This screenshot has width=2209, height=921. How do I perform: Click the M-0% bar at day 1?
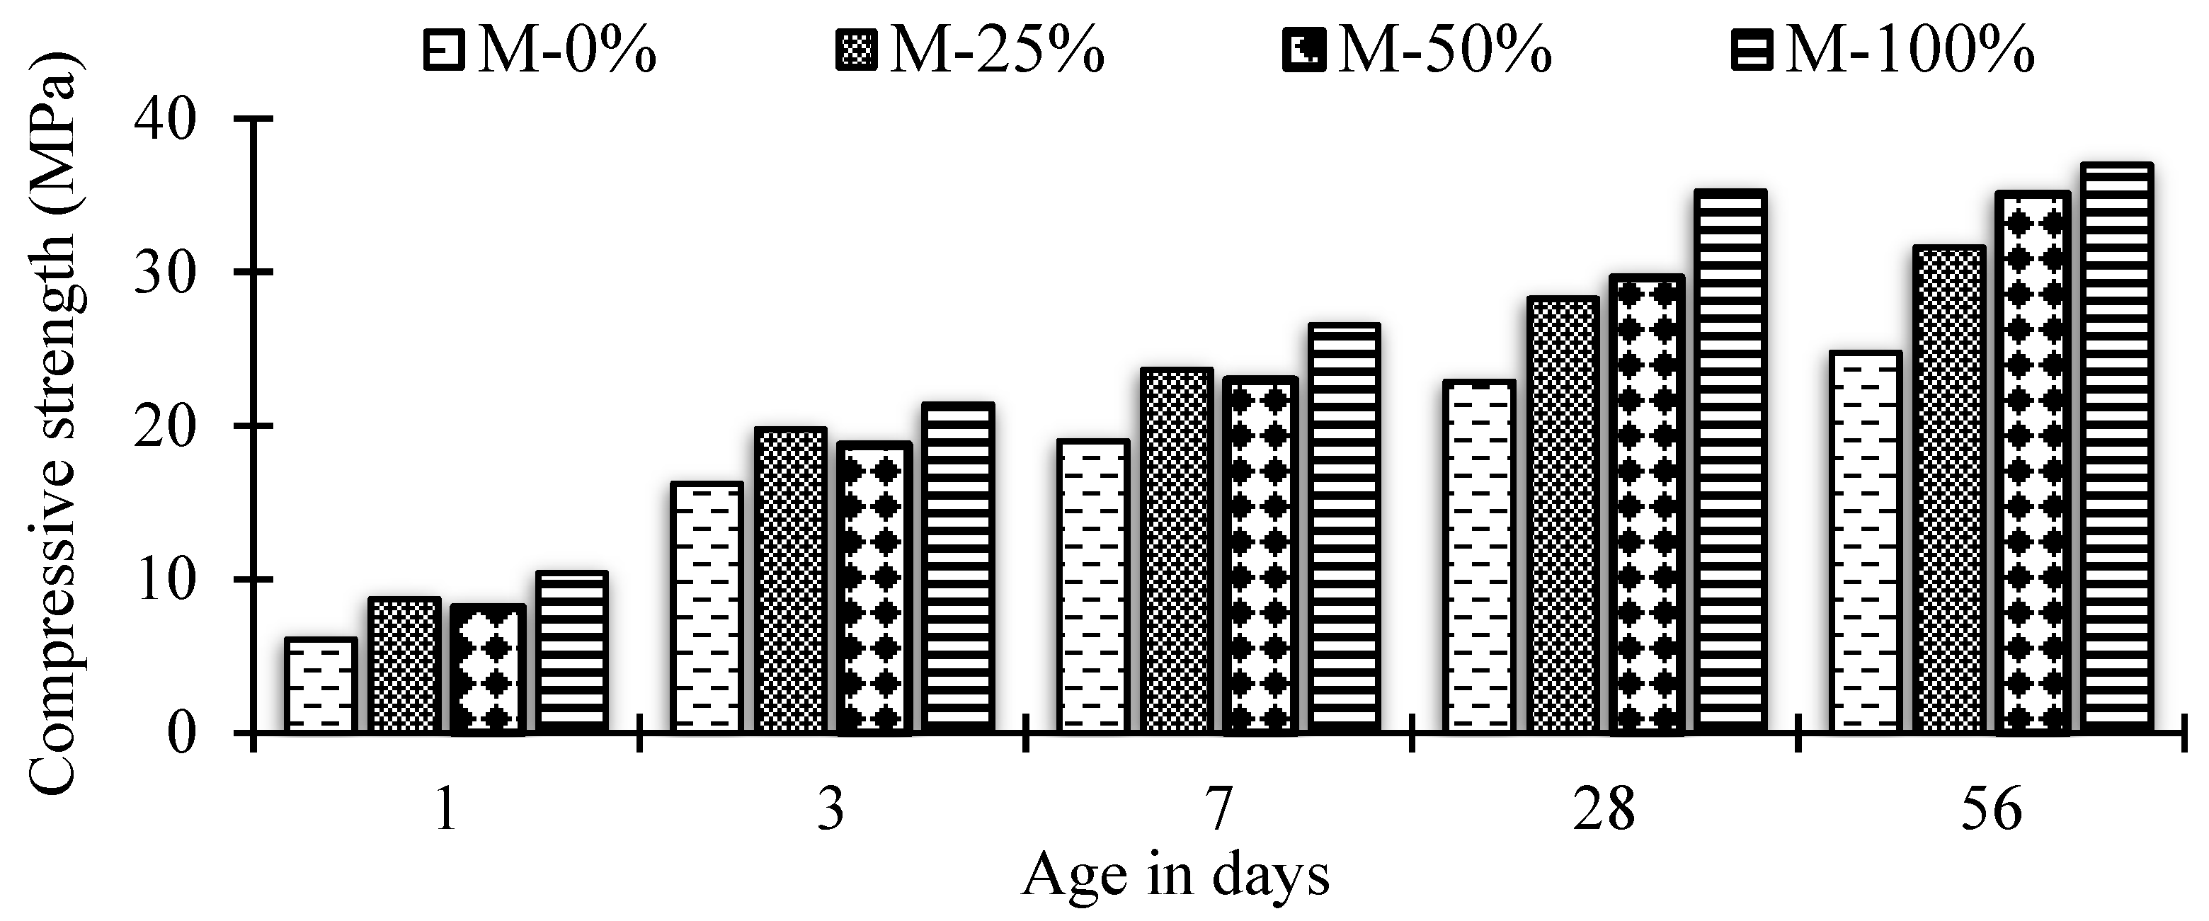click(x=320, y=686)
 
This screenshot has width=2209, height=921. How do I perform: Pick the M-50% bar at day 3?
click(x=874, y=588)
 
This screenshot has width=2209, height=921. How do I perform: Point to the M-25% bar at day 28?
click(x=1563, y=515)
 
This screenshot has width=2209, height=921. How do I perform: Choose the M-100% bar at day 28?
click(x=1730, y=462)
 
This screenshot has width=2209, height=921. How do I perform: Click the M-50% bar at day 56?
click(x=2032, y=463)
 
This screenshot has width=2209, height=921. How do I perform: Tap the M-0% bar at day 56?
click(x=1864, y=542)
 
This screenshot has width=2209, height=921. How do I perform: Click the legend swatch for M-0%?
click(x=443, y=50)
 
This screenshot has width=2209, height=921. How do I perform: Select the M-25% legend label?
click(x=996, y=50)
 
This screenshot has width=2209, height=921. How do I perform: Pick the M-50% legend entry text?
click(x=1445, y=50)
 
